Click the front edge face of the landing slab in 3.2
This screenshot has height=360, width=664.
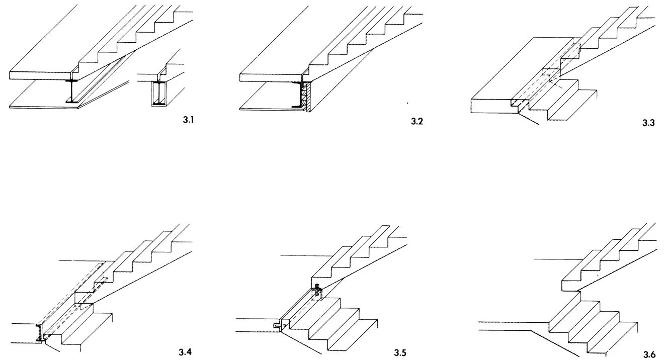tap(272, 77)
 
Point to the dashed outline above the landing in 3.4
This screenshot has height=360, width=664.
tap(75, 292)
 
